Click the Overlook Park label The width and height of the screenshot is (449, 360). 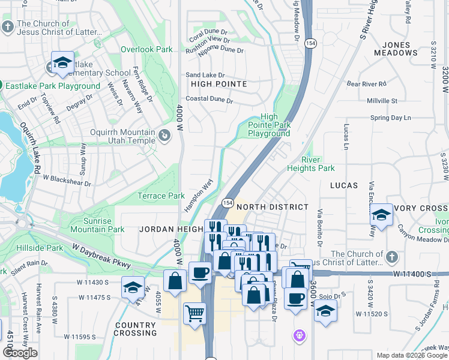click(x=146, y=50)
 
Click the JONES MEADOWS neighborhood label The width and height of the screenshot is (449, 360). click(x=396, y=49)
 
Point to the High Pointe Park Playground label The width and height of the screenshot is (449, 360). click(x=269, y=125)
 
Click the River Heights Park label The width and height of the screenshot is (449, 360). click(x=318, y=164)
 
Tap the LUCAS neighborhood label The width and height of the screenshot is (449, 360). click(x=344, y=186)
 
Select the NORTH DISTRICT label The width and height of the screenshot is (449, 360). click(x=272, y=207)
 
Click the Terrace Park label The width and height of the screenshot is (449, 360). click(x=161, y=196)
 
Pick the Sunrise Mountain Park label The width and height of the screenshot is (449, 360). click(x=97, y=225)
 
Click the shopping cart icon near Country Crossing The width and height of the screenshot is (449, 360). click(x=194, y=313)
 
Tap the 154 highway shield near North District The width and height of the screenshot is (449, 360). click(x=228, y=203)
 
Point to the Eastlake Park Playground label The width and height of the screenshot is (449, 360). click(x=52, y=86)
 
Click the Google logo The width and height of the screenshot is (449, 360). click(x=20, y=353)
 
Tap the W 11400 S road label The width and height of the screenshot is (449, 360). click(x=413, y=274)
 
